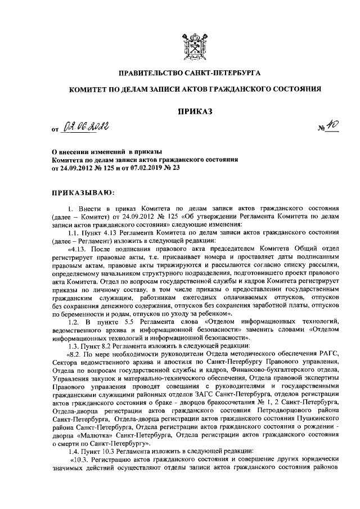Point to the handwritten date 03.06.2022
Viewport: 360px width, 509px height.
[84, 130]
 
